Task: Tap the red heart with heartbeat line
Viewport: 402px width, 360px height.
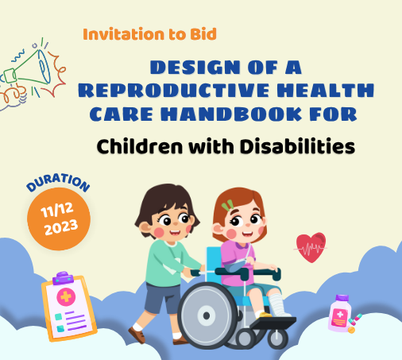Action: pos(311,247)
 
